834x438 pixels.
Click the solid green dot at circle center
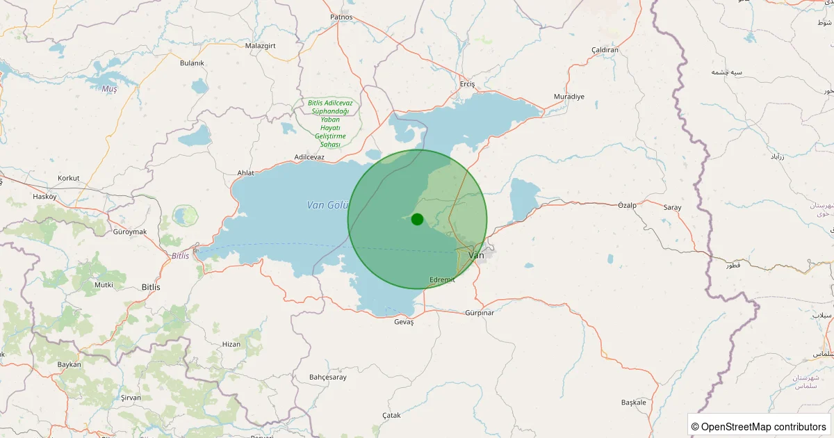417,219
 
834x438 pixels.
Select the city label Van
477,255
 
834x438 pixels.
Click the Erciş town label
467,84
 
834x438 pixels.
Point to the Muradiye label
569,96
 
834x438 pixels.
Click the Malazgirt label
261,46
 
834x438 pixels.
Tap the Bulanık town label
192,63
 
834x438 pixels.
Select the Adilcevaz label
309,157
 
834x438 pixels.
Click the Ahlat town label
246,172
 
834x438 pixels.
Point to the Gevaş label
403,322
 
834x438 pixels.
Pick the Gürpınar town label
480,313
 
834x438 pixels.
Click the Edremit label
442,279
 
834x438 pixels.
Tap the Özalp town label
627,205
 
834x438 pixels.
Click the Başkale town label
634,403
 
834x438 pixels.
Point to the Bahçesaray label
327,377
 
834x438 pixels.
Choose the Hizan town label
231,344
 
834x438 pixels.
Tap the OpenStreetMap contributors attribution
760,426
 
